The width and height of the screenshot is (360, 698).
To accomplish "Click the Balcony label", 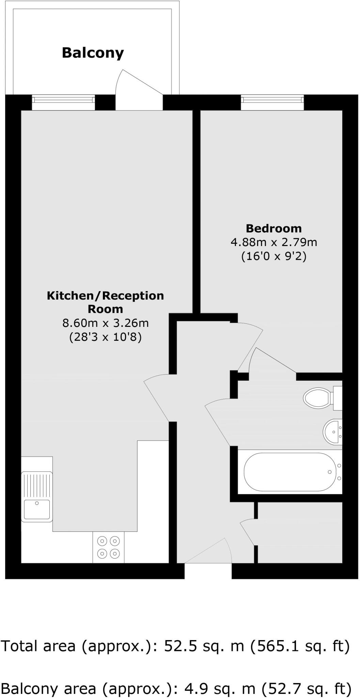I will click(93, 53).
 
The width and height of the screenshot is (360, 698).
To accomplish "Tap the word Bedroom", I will click(274, 228).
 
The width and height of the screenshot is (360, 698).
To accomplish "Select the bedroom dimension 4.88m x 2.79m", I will click(274, 242).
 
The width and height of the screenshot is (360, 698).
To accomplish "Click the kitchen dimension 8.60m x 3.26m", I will click(105, 322).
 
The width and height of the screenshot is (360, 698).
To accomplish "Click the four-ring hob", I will click(109, 547).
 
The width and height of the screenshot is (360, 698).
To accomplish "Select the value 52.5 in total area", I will click(181, 646).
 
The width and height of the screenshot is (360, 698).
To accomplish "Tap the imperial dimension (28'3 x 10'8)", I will click(105, 337).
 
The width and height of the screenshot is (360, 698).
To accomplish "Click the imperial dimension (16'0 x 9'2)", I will click(274, 256).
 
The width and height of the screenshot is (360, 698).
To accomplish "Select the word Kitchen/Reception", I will click(105, 295).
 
